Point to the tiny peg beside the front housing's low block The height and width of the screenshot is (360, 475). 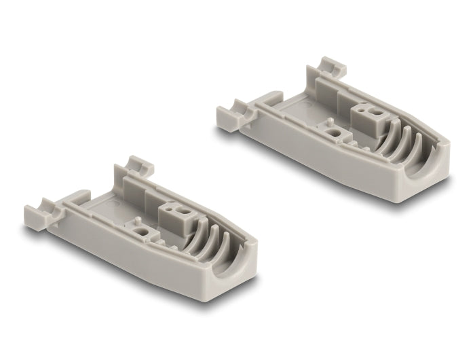click(136, 220)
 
